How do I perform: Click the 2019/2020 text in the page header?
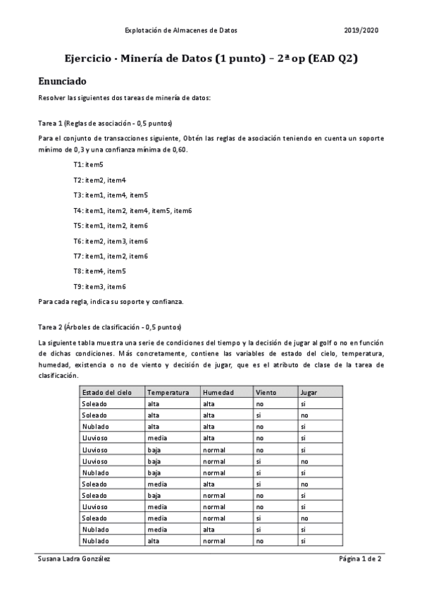[361, 31]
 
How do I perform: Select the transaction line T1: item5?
[88, 164]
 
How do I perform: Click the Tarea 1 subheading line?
[106, 123]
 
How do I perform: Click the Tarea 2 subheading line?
[109, 327]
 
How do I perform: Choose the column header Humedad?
[216, 392]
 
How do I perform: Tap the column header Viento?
[266, 392]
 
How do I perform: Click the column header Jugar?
[309, 392]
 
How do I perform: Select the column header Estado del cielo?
[106, 392]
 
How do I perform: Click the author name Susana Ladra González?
[74, 559]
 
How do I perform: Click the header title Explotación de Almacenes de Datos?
[180, 31]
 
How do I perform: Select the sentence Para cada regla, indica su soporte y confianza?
[111, 302]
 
